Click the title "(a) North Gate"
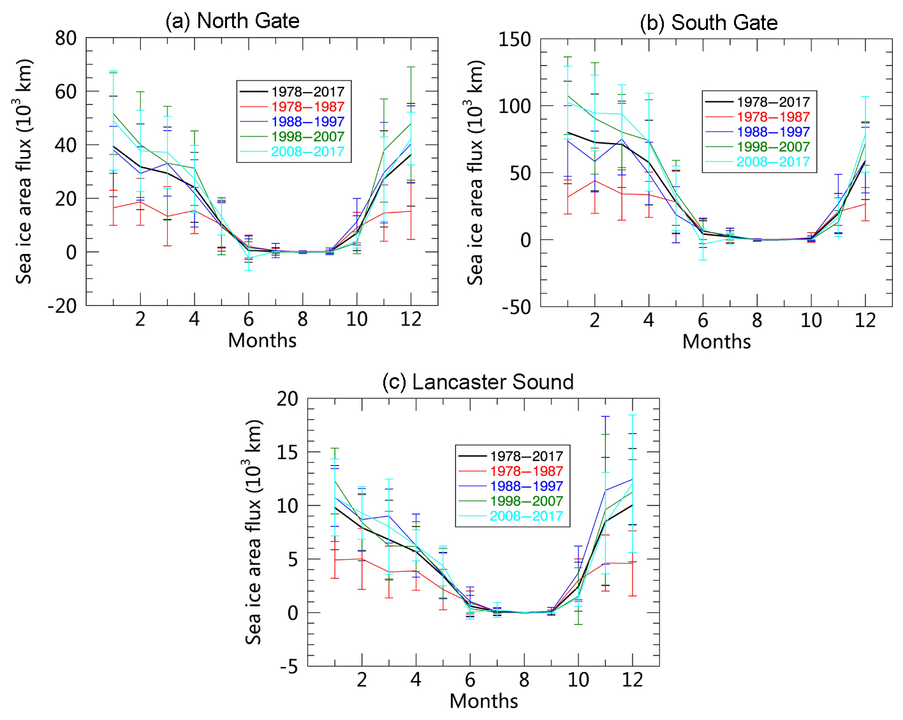click(232, 21)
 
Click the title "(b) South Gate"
click(708, 23)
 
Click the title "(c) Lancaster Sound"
click(478, 382)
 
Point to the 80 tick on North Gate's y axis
click(66, 38)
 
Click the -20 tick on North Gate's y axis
click(62, 306)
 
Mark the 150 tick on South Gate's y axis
click(515, 40)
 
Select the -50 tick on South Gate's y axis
click(516, 307)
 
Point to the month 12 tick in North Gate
click(411, 319)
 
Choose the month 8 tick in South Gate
click(757, 320)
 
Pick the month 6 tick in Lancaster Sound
click(470, 680)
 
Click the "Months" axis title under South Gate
click(716, 342)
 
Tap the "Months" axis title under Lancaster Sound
click(483, 701)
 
